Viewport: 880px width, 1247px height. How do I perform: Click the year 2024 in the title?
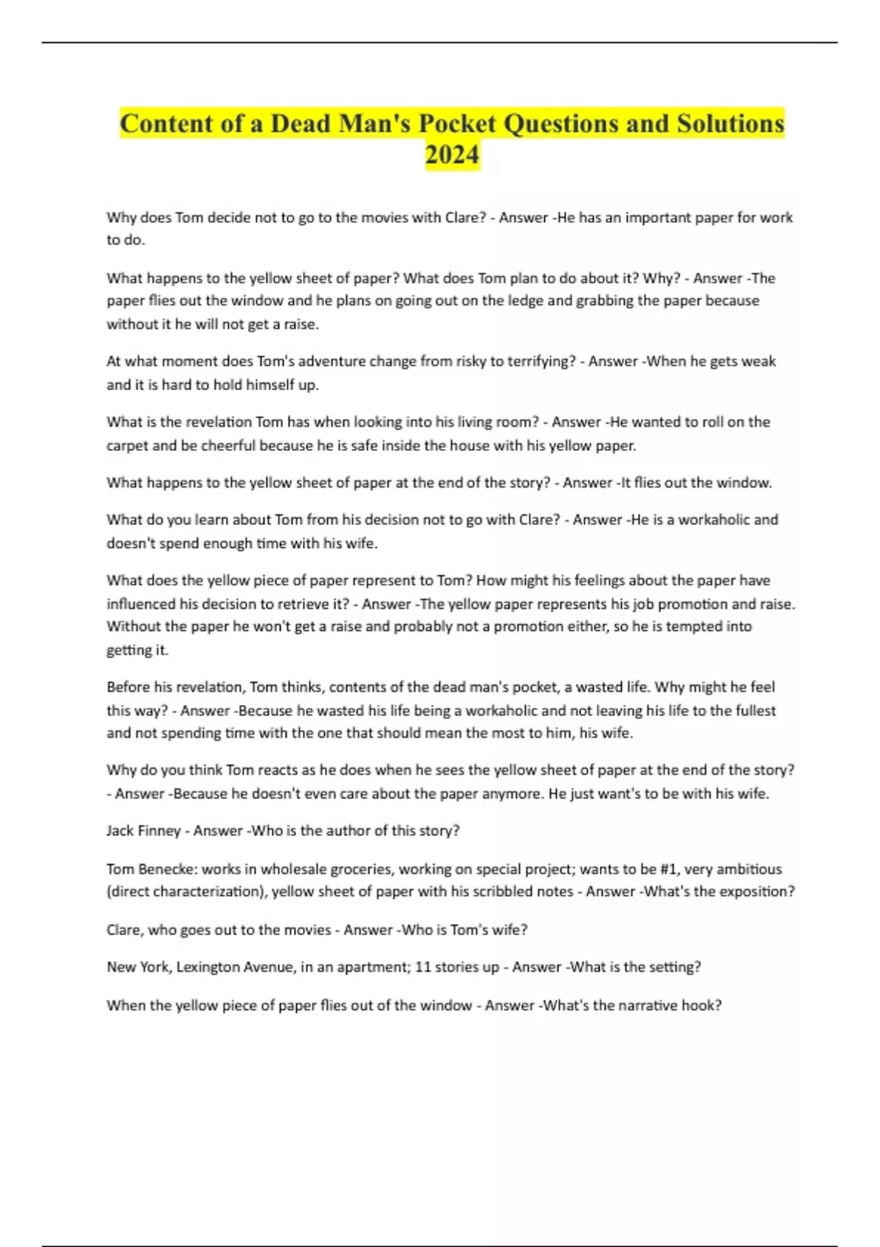pos(452,155)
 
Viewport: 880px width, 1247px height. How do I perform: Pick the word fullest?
pos(752,710)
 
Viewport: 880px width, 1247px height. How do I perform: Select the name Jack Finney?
pos(143,830)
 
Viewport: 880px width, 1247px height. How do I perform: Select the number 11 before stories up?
pos(423,967)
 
